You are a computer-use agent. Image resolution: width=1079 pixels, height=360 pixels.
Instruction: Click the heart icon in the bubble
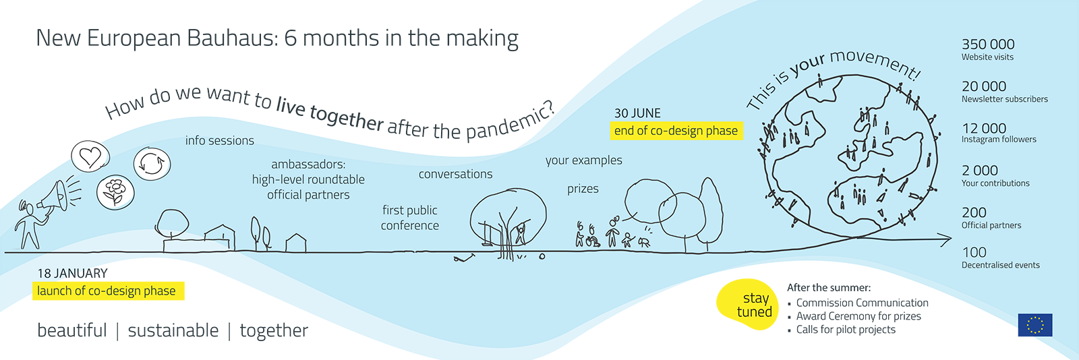point(90,156)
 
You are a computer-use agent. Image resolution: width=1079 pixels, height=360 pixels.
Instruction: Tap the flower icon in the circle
point(115,191)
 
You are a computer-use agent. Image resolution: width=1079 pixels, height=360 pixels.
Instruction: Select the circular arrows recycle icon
point(152,164)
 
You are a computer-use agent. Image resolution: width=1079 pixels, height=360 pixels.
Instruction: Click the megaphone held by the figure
point(53,198)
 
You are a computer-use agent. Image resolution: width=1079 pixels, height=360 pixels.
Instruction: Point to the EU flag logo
point(1035,325)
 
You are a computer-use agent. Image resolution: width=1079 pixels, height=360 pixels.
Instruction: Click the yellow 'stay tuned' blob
point(747,305)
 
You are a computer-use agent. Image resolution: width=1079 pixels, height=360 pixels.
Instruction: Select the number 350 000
point(988,44)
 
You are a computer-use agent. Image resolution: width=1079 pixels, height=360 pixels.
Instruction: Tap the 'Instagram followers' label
point(999,140)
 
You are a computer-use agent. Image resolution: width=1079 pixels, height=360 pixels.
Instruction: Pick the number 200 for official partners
point(974,212)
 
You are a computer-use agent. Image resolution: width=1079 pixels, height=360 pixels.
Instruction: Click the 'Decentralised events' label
point(1001,265)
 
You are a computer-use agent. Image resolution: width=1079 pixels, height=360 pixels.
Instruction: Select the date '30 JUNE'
point(637,113)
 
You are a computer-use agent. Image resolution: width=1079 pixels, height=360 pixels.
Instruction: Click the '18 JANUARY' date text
point(72,273)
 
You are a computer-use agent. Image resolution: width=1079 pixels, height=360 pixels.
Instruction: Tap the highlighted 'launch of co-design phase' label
point(108,291)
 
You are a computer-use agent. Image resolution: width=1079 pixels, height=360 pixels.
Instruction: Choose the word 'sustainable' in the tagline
point(173,330)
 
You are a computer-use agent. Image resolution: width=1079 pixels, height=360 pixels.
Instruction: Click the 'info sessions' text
point(220,140)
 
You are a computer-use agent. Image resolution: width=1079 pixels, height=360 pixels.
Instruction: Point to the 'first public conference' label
point(410,218)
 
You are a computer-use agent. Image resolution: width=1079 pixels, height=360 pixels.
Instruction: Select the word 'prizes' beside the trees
point(583,189)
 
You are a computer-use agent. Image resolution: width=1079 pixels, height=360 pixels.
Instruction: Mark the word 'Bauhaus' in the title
point(232,38)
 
